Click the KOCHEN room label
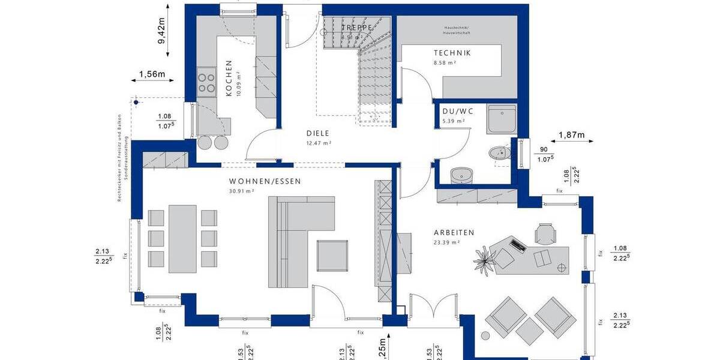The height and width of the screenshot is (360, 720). [x=229, y=78]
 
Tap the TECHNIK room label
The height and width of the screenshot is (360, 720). [x=452, y=53]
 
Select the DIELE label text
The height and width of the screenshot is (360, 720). [x=317, y=134]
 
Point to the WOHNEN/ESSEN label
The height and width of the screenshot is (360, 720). [x=265, y=181]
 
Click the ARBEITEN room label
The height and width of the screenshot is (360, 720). [x=454, y=233]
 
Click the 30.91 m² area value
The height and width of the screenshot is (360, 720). [x=242, y=191]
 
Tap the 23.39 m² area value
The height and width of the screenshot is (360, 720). [x=446, y=242]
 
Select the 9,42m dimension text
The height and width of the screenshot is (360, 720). [x=161, y=30]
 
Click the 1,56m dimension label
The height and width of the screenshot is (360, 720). [x=152, y=74]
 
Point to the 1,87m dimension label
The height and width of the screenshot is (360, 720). [x=571, y=136]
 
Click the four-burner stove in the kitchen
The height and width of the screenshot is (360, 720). [x=206, y=83]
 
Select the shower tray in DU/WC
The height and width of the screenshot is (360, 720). [x=502, y=119]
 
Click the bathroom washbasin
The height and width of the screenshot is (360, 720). [x=461, y=175]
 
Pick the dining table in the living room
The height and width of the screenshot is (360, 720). [x=182, y=238]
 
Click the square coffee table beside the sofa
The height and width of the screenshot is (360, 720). [x=332, y=255]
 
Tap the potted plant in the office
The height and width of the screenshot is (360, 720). [x=483, y=259]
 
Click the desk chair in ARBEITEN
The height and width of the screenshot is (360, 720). [x=545, y=233]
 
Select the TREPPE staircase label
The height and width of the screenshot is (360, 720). [x=357, y=28]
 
